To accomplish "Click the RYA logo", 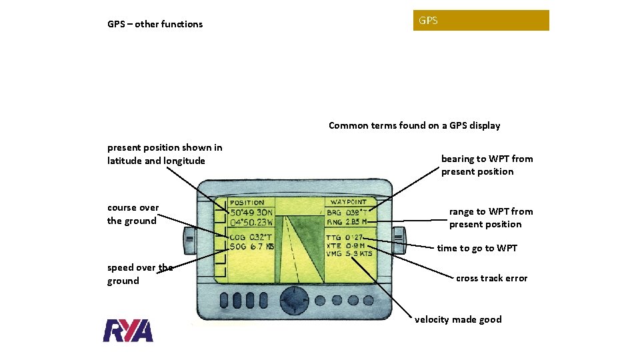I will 128,331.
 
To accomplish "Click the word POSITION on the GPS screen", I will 247,202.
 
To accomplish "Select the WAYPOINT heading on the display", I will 348,201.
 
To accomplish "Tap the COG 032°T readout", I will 251,237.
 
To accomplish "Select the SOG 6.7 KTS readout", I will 251,247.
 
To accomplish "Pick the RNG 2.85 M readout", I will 347,222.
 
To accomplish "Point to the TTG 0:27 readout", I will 344,237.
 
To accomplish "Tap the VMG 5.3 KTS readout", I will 349,253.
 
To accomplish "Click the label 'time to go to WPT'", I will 477,248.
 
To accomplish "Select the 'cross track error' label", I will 491,278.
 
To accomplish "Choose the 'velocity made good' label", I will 458,319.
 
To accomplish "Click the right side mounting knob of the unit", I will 399,237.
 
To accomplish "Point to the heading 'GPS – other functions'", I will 155,24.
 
